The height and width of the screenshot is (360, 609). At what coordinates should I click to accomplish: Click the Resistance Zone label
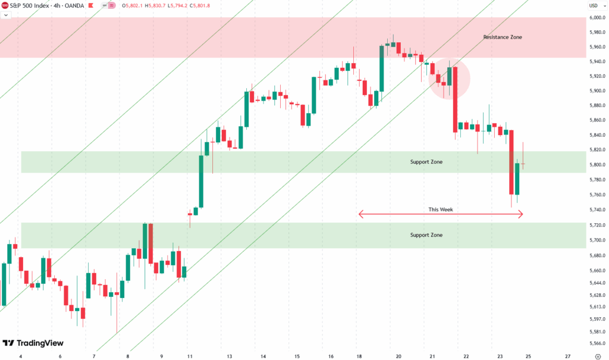coord(502,37)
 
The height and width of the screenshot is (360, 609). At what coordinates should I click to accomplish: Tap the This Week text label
coord(440,209)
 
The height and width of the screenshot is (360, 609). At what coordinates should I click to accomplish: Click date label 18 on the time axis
coord(359,355)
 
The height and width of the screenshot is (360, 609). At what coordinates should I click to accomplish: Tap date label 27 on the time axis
coord(568,355)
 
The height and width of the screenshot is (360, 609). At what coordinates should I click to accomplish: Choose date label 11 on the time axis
coord(189,355)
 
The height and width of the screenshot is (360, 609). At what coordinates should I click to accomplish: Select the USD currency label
coord(593,6)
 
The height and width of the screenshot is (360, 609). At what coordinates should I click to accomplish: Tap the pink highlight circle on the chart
coord(450,79)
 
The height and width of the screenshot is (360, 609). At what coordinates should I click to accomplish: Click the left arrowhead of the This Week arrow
coord(360,214)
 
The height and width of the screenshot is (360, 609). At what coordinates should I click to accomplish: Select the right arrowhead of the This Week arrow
coord(521,214)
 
